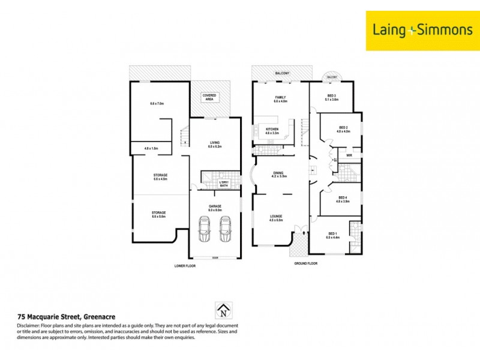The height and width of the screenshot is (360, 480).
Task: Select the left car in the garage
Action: (x=204, y=229)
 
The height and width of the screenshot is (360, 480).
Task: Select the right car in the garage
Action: (x=225, y=229)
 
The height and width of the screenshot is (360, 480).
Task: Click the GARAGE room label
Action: (x=215, y=208)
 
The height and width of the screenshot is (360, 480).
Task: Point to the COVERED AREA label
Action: (x=209, y=97)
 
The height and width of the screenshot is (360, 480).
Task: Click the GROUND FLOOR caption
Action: (x=305, y=263)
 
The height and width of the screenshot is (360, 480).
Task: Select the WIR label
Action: (x=349, y=155)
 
